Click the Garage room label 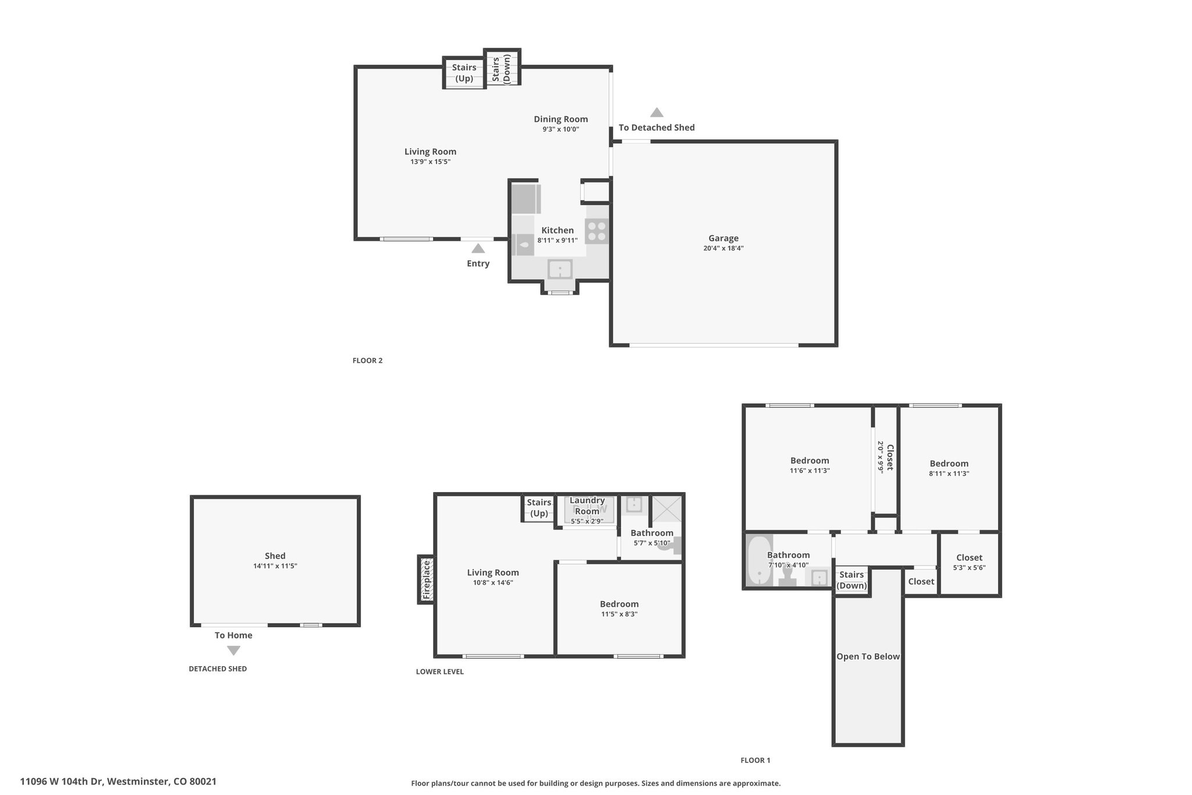tap(723, 238)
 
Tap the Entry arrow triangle tap(478, 249)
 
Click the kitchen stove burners tap(597, 231)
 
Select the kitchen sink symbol tap(560, 270)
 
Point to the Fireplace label tap(426, 580)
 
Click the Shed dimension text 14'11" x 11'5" tap(275, 566)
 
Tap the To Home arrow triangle tap(233, 651)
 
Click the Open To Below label tap(868, 656)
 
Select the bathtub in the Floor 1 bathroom tap(760, 560)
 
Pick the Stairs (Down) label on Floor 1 tap(852, 580)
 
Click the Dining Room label tap(561, 119)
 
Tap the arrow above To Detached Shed tap(657, 112)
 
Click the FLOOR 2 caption tap(367, 361)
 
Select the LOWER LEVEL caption tap(440, 672)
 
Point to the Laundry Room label tap(587, 506)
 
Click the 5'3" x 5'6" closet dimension tap(969, 568)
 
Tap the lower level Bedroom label tap(619, 604)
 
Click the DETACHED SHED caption tap(218, 669)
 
